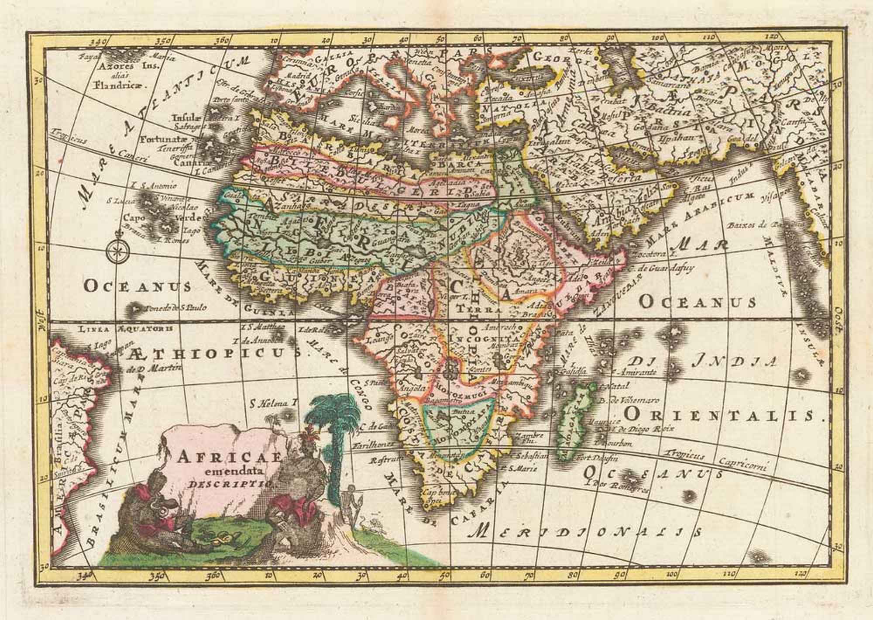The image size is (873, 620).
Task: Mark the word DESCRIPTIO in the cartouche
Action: pos(229,483)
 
